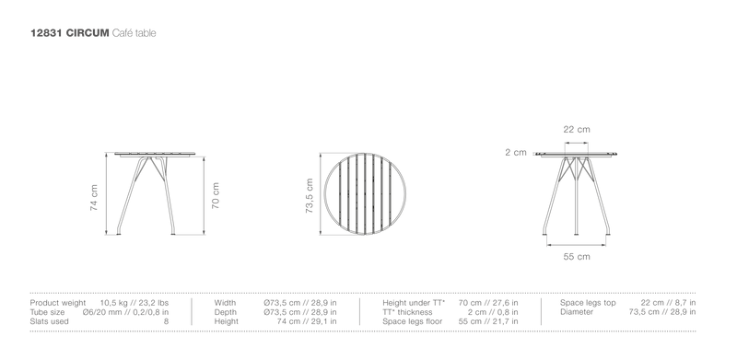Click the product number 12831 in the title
coord(46,33)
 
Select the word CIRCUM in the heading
coord(88,33)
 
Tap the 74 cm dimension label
coord(94,197)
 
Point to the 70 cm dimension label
coord(216,196)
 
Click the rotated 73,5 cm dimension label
coord(310,196)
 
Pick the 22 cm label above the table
coord(577,129)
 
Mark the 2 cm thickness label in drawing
coord(516,152)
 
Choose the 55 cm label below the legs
coord(577,257)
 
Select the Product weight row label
coord(58,303)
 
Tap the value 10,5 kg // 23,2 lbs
coord(135,303)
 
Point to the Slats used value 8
coord(166,321)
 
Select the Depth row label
coord(226,312)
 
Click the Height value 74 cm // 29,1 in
coord(307,321)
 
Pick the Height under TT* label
coord(414,303)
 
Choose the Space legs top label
coord(588,303)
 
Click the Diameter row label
coord(577,312)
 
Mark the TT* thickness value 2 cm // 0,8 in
coord(493,312)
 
